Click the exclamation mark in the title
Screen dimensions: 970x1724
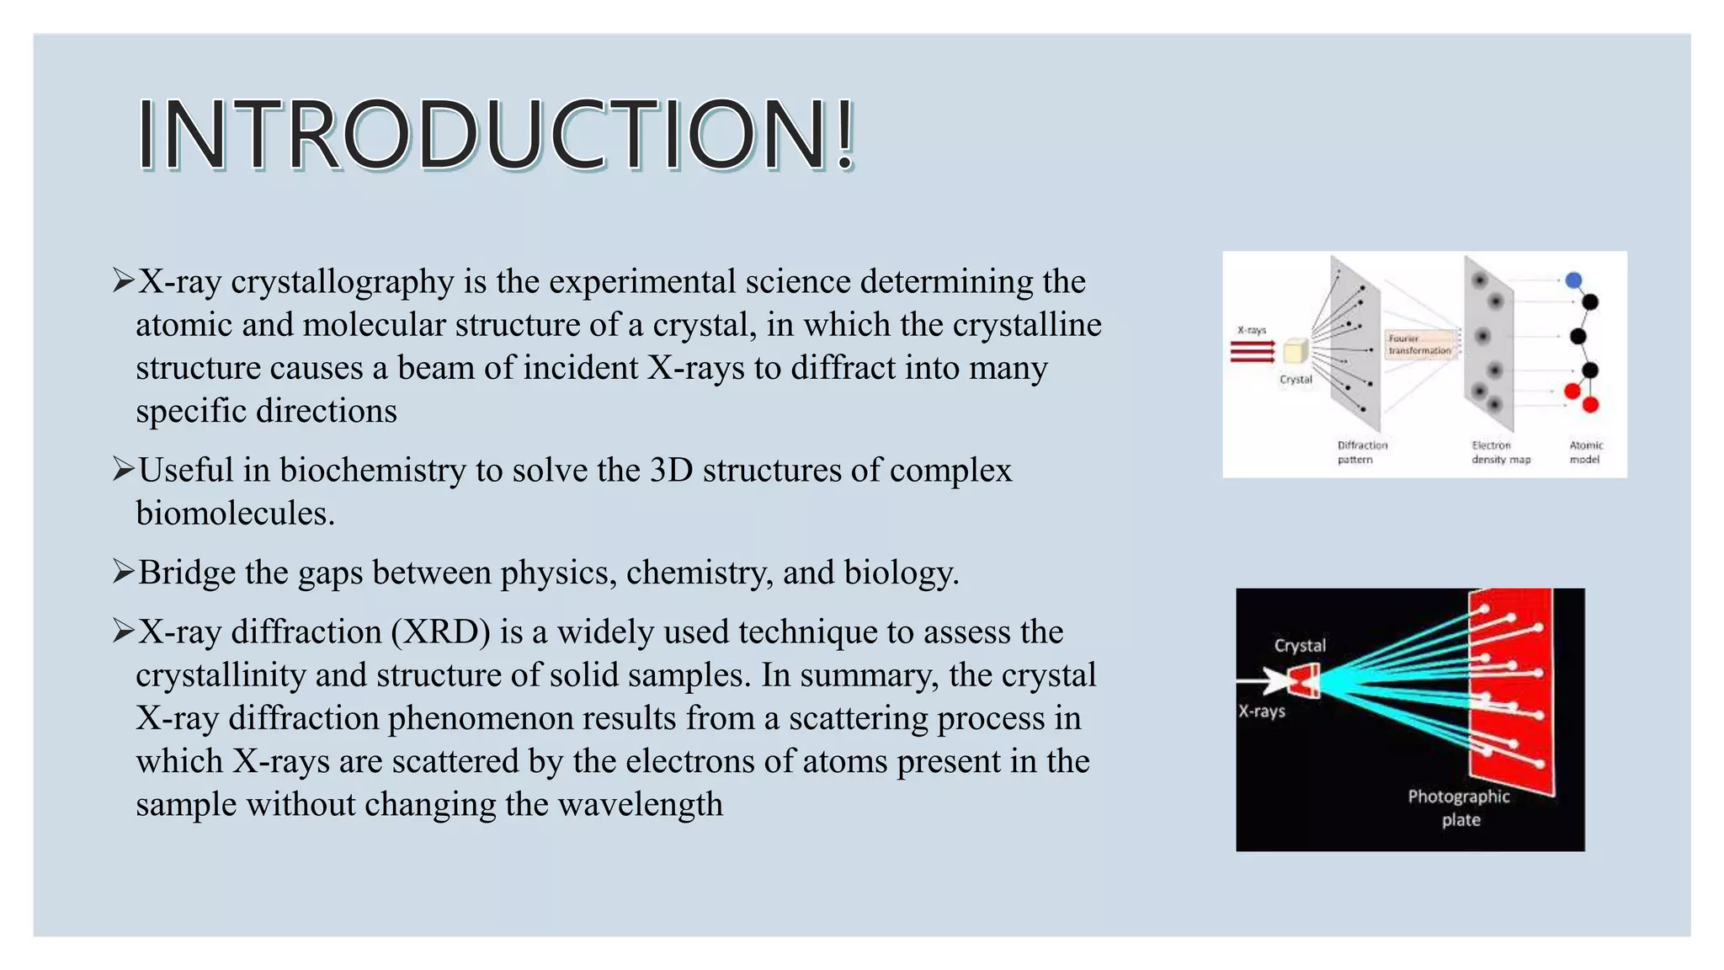pos(845,135)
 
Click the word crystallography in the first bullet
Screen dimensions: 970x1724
pos(342,282)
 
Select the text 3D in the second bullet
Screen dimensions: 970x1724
pos(671,471)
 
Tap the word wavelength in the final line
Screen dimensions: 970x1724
pos(640,805)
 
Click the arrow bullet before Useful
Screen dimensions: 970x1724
pos(123,470)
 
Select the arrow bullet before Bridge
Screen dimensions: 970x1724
pos(123,573)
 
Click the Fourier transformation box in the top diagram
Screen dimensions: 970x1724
pos(1419,345)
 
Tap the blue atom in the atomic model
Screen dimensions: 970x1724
pos(1573,281)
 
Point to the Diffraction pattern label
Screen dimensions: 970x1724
pos(1361,452)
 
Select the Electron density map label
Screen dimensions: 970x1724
pos(1500,452)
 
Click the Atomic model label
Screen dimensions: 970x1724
pos(1586,452)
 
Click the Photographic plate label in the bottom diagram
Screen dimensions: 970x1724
pos(1459,808)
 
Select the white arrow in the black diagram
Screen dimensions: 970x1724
pos(1263,680)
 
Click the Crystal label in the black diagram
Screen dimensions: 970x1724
pos(1300,646)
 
